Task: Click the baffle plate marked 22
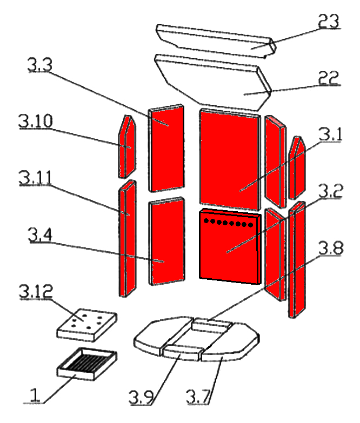coord(216,81)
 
